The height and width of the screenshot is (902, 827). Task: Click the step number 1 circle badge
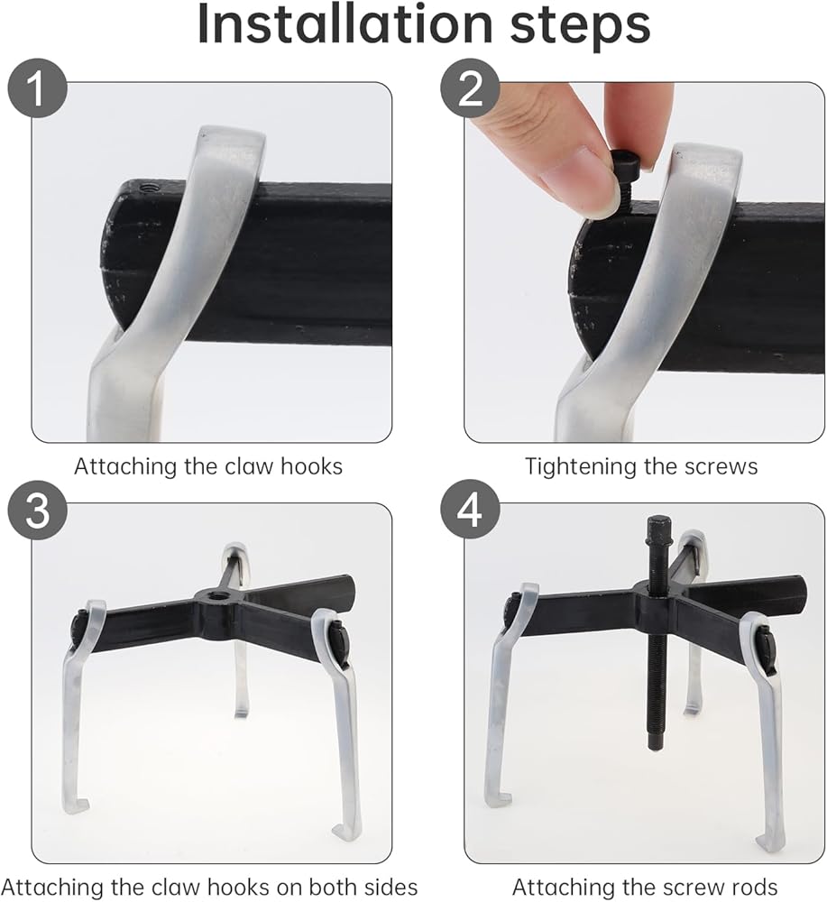(x=37, y=88)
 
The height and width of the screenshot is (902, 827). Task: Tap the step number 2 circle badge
(x=470, y=88)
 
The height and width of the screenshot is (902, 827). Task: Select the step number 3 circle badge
(x=37, y=509)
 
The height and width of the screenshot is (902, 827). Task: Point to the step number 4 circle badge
(x=470, y=509)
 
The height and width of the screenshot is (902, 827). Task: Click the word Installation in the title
(x=344, y=24)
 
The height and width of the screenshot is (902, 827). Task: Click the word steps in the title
(x=580, y=26)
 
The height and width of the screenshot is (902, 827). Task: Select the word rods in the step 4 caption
(x=753, y=887)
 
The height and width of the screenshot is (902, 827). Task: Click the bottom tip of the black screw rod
(x=655, y=747)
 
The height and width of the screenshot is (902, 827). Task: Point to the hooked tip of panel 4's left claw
(x=504, y=799)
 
